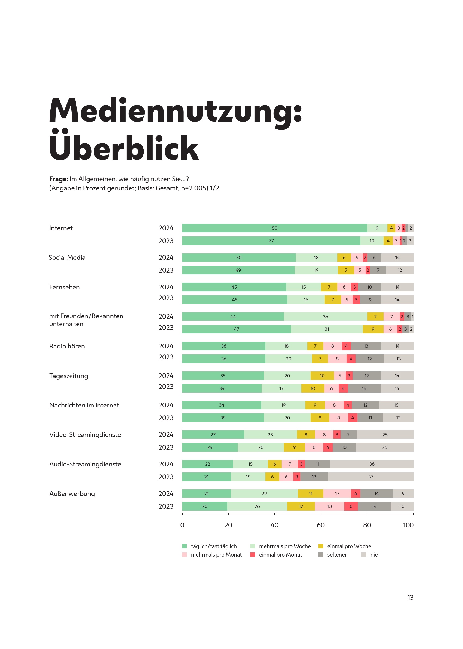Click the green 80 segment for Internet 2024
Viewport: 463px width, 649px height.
point(274,228)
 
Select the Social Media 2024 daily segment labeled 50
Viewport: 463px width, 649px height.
point(239,258)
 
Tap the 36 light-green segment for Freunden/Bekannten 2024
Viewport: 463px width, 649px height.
point(325,317)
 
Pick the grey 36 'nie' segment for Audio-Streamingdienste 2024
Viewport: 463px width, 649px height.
point(372,464)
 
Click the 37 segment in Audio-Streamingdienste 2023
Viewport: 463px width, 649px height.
point(371,477)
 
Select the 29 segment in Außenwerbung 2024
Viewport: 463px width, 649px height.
point(264,493)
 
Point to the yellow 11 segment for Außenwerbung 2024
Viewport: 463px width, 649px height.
point(311,493)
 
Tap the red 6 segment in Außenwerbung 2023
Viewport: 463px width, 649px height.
point(351,506)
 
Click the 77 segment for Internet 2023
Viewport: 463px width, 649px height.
point(271,241)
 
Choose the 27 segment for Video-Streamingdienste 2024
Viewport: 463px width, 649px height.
point(213,434)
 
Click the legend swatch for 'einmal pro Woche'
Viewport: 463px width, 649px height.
point(321,546)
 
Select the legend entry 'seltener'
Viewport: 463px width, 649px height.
point(337,555)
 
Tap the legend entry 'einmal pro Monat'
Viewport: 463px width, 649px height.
point(280,555)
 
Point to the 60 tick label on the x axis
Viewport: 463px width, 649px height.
point(321,525)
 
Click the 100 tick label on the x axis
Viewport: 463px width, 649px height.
point(408,525)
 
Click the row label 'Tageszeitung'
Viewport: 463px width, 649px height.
point(69,376)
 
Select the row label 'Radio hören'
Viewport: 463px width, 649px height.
point(67,346)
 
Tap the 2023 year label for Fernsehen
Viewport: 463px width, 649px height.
point(166,298)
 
